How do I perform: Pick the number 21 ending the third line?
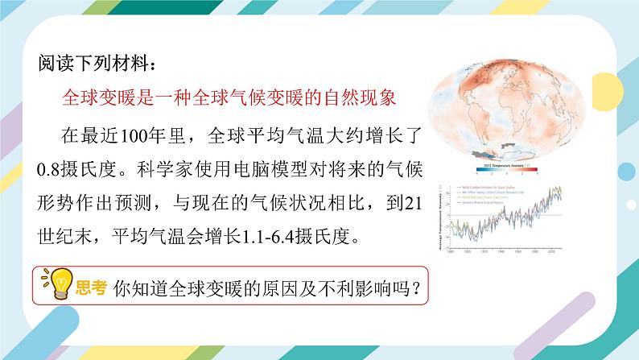(x=411, y=204)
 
